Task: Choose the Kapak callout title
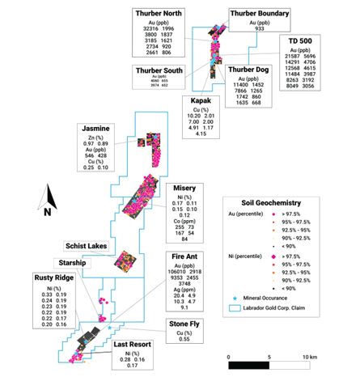pos(202,102)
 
